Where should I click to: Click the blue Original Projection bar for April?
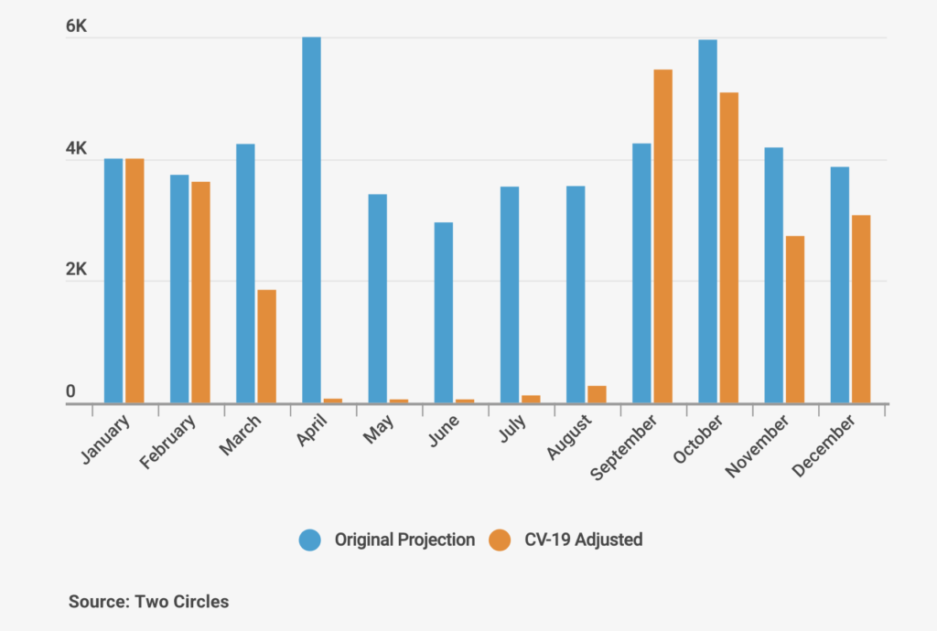click(x=311, y=219)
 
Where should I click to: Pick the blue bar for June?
click(x=443, y=312)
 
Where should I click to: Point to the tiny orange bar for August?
click(x=597, y=394)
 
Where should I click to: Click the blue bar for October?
click(x=707, y=220)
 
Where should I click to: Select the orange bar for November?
click(x=794, y=319)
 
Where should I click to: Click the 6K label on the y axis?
click(x=76, y=27)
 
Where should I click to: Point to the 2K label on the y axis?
click(x=76, y=271)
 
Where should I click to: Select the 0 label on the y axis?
click(x=70, y=391)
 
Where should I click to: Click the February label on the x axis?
click(x=168, y=443)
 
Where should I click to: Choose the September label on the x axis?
click(x=624, y=448)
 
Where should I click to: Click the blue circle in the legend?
click(x=310, y=540)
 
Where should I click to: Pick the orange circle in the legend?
click(x=500, y=540)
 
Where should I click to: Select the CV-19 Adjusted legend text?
click(x=583, y=540)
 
